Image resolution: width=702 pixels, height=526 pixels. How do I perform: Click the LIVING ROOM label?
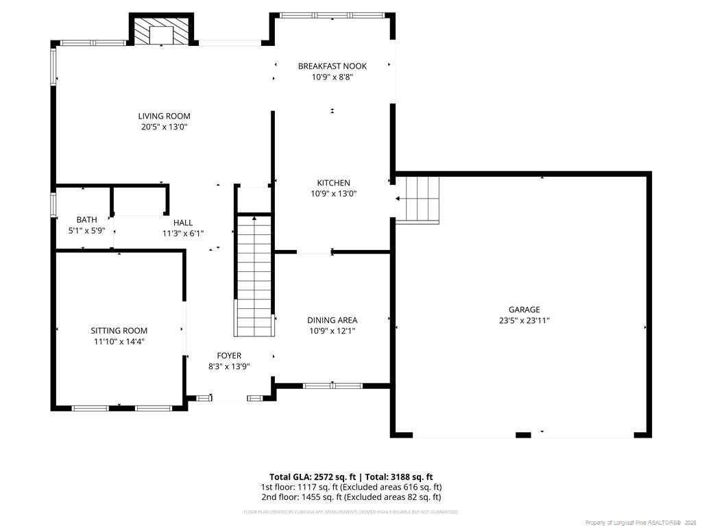click(x=164, y=116)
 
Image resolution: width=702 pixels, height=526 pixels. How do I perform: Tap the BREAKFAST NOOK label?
click(x=332, y=66)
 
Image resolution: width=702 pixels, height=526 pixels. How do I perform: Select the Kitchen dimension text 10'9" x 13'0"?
click(x=333, y=194)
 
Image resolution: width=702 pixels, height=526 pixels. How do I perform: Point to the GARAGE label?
click(x=524, y=310)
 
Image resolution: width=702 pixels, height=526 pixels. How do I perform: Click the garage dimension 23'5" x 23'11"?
click(x=524, y=321)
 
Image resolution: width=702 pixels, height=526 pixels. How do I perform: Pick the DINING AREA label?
click(x=332, y=320)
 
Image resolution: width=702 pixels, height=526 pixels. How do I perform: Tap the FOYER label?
click(x=229, y=355)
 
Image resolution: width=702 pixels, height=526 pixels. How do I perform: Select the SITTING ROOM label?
click(x=119, y=331)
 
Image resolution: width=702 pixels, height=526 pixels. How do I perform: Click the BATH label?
click(x=86, y=220)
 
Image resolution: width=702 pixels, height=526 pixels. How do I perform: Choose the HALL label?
click(x=183, y=223)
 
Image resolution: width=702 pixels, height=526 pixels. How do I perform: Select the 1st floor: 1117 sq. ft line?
click(x=350, y=487)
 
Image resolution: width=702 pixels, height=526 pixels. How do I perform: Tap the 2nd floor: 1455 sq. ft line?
click(x=350, y=497)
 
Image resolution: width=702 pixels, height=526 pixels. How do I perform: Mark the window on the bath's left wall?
click(x=53, y=205)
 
